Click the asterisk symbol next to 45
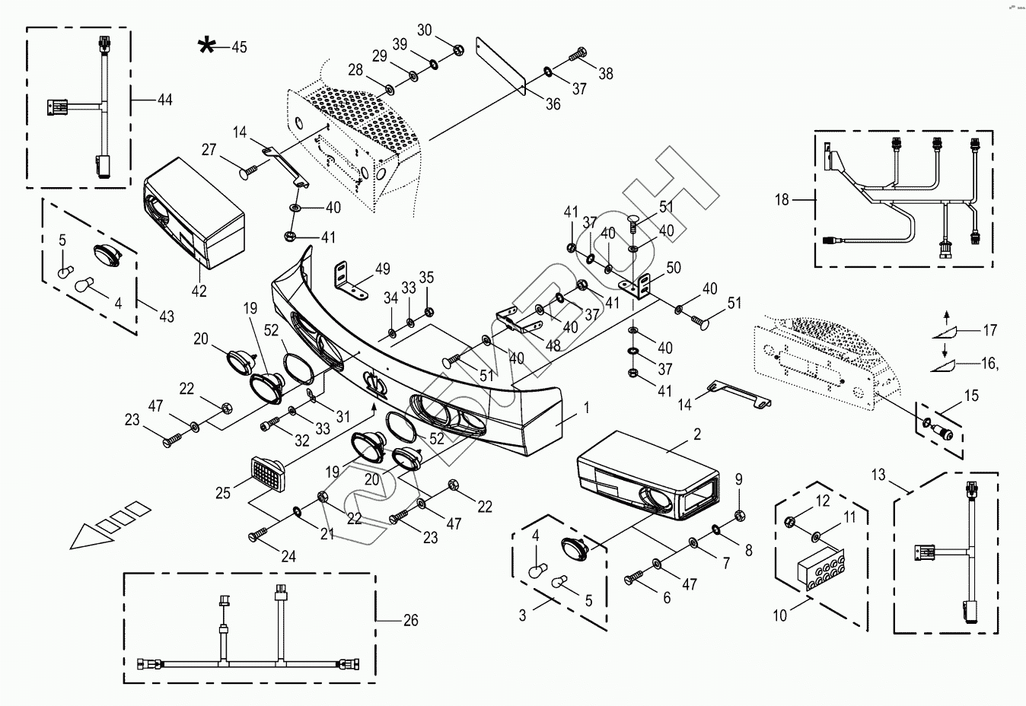point(206,46)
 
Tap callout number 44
point(165,100)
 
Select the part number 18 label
point(782,199)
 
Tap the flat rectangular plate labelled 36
point(501,65)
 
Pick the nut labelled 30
point(457,50)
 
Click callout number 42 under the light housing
point(199,291)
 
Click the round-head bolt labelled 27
point(248,172)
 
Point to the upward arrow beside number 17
point(947,318)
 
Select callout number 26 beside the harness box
point(411,620)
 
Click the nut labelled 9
point(739,516)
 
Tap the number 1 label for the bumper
point(587,407)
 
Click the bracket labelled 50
point(636,286)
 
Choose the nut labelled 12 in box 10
point(789,521)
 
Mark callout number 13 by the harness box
point(878,475)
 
